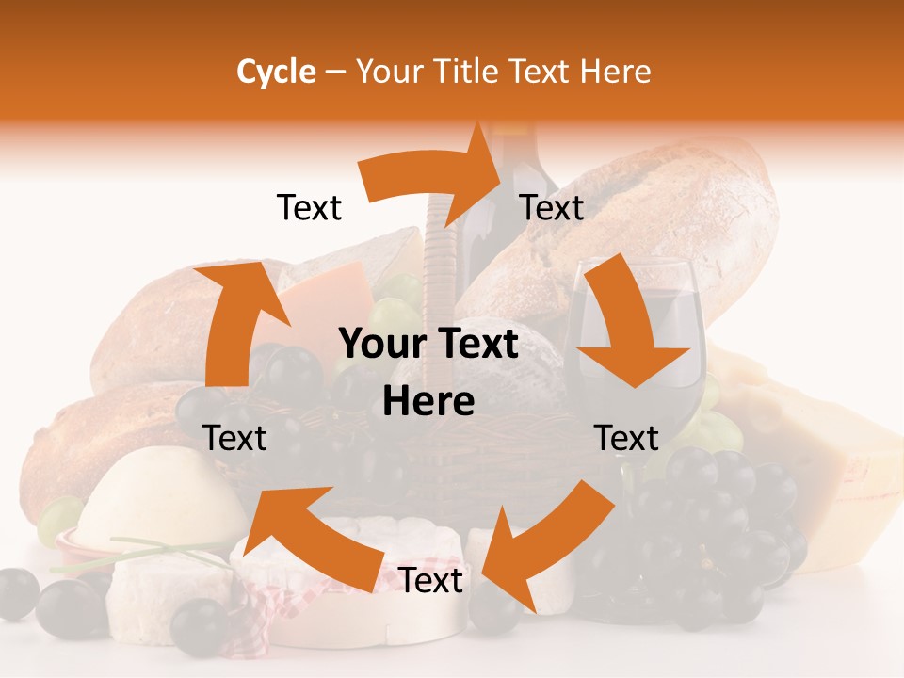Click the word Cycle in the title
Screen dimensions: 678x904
point(276,72)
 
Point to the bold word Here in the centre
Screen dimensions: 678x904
point(428,402)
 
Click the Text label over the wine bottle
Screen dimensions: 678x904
point(552,207)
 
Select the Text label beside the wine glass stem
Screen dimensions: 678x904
point(626,438)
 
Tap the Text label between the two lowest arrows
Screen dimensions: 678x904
point(430,581)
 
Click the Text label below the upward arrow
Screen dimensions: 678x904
point(234,438)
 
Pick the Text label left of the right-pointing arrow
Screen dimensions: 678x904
point(309,207)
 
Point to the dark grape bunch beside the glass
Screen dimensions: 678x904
point(716,527)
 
